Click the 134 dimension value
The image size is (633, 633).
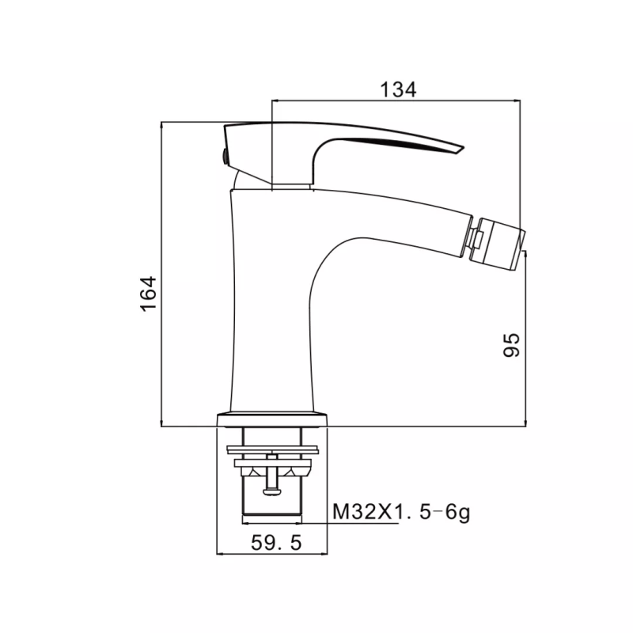coord(398,89)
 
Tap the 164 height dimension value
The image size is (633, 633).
coord(149,294)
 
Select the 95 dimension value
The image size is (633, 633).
coord(511,344)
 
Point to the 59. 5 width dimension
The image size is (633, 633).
coord(276,543)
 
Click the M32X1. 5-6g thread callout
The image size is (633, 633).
coord(401,513)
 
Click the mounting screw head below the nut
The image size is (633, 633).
coord(272,491)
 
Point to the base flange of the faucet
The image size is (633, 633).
coord(272,419)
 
